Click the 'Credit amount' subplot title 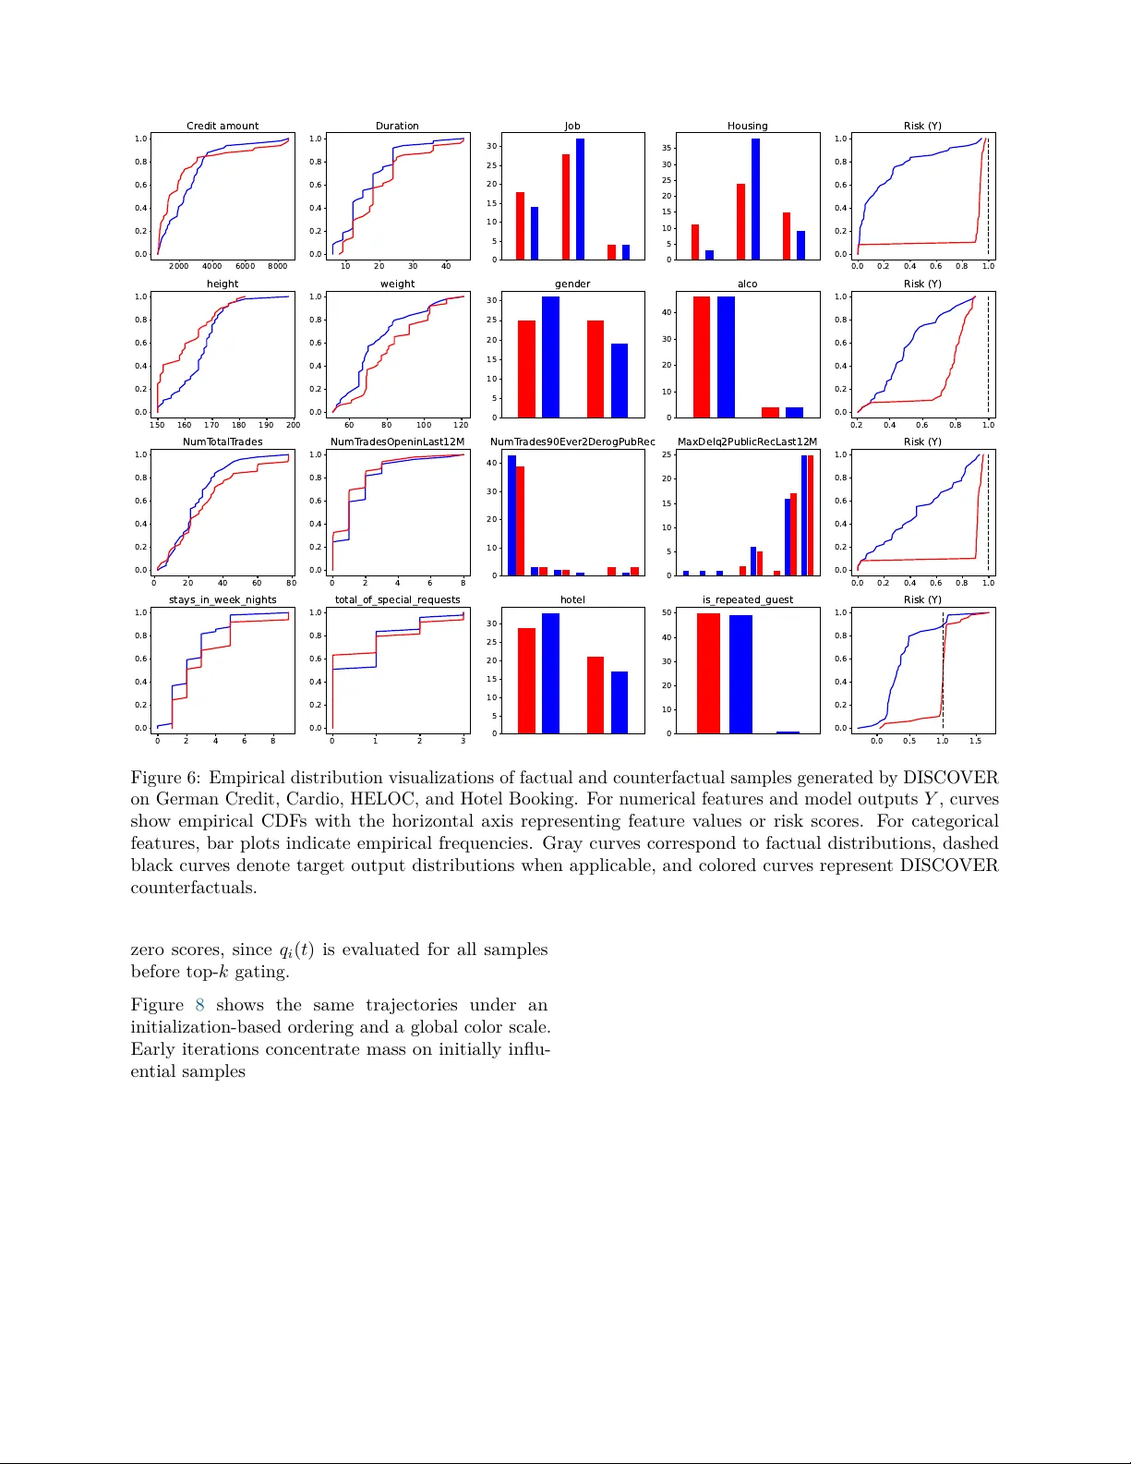223,126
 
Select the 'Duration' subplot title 397,126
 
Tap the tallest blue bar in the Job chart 580,199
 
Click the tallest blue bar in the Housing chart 755,199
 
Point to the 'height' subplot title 223,284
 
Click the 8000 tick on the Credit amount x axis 277,266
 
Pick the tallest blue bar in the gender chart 550,357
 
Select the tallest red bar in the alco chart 702,357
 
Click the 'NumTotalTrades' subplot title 223,442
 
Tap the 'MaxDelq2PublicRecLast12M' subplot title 747,442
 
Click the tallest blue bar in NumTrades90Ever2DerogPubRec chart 511,514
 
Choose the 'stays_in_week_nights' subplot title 223,599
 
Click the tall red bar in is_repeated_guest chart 708,673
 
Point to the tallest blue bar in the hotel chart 550,673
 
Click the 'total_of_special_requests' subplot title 397,599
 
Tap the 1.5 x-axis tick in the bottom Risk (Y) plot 975,741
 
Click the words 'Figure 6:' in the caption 164,778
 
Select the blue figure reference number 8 199,1005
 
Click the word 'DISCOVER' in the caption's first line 950,778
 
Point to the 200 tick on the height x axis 293,425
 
